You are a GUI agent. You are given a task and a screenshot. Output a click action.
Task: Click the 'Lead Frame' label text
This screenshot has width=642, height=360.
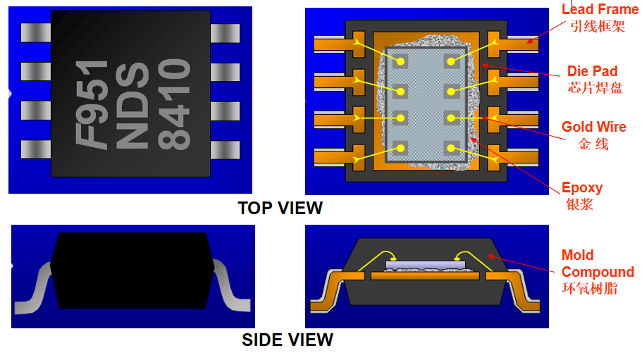coord(600,9)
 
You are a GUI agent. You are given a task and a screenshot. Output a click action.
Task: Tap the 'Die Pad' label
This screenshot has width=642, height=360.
coord(592,71)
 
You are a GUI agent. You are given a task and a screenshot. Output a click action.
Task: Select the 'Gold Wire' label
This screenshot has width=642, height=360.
coord(593,127)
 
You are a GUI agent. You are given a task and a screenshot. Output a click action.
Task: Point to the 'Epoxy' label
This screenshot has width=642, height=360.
coord(582,188)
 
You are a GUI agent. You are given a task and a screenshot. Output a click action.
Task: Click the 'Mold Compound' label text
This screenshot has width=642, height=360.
coord(598,263)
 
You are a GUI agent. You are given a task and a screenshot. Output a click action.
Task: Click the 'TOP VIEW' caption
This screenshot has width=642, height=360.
coord(280,209)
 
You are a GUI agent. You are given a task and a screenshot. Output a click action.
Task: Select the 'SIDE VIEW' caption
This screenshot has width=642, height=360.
coord(287,340)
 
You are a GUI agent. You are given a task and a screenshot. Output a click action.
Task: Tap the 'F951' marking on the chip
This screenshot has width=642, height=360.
coord(92,104)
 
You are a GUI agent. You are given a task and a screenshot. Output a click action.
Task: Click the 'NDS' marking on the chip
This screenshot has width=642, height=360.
coord(132,105)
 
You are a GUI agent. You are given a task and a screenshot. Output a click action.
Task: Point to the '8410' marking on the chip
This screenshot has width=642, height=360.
coord(174,104)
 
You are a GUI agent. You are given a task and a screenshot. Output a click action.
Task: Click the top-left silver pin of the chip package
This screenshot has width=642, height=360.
coord(36,32)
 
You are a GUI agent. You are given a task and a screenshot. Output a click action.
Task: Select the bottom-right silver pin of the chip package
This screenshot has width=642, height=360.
coord(225,150)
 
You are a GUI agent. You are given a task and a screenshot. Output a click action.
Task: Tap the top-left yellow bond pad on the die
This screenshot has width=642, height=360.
coord(400,62)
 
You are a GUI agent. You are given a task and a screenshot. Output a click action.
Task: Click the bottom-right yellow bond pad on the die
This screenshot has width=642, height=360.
coord(451,148)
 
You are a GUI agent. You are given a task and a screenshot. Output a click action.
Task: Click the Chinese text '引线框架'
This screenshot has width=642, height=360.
coord(598,27)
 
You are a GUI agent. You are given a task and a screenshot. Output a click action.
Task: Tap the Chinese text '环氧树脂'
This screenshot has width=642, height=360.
coord(590,288)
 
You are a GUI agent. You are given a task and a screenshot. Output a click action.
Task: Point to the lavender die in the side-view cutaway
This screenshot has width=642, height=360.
coord(426,265)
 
